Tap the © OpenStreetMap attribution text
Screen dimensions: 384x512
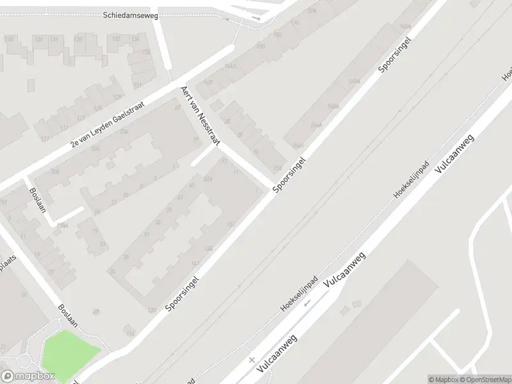click(487, 380)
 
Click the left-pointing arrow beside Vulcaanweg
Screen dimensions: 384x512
click(308, 303)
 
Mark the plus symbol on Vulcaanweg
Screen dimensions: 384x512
click(252, 361)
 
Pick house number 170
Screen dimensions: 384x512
click(260, 47)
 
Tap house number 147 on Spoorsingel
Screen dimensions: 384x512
click(195, 264)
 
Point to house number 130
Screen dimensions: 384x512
click(152, 311)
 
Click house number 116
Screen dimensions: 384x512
click(131, 334)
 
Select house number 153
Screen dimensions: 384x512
click(277, 168)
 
